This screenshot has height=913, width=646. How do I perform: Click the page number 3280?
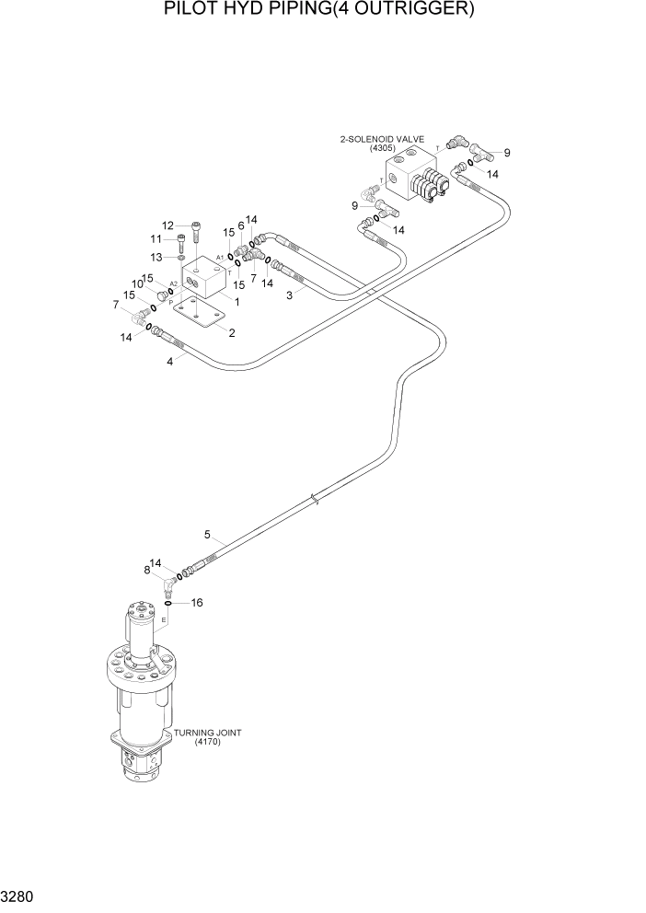pyautogui.click(x=17, y=896)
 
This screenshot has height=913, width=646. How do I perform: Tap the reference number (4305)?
pyautogui.click(x=382, y=148)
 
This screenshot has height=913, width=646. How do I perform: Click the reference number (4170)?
pyautogui.click(x=208, y=742)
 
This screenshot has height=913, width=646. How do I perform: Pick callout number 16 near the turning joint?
pyautogui.click(x=196, y=603)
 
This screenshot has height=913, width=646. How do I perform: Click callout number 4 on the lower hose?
pyautogui.click(x=169, y=362)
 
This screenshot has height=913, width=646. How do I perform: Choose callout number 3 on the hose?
pyautogui.click(x=290, y=295)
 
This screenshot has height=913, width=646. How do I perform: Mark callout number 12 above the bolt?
pyautogui.click(x=168, y=225)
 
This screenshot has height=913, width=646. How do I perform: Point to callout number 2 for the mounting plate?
pyautogui.click(x=232, y=332)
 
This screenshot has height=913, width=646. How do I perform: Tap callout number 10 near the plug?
pyautogui.click(x=135, y=283)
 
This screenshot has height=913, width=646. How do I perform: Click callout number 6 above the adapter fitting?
pyautogui.click(x=240, y=225)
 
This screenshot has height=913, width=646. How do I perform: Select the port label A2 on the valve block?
pyautogui.click(x=173, y=284)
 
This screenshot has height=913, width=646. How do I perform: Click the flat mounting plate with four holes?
pyautogui.click(x=200, y=316)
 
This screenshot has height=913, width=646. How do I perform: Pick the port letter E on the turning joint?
pyautogui.click(x=164, y=620)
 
